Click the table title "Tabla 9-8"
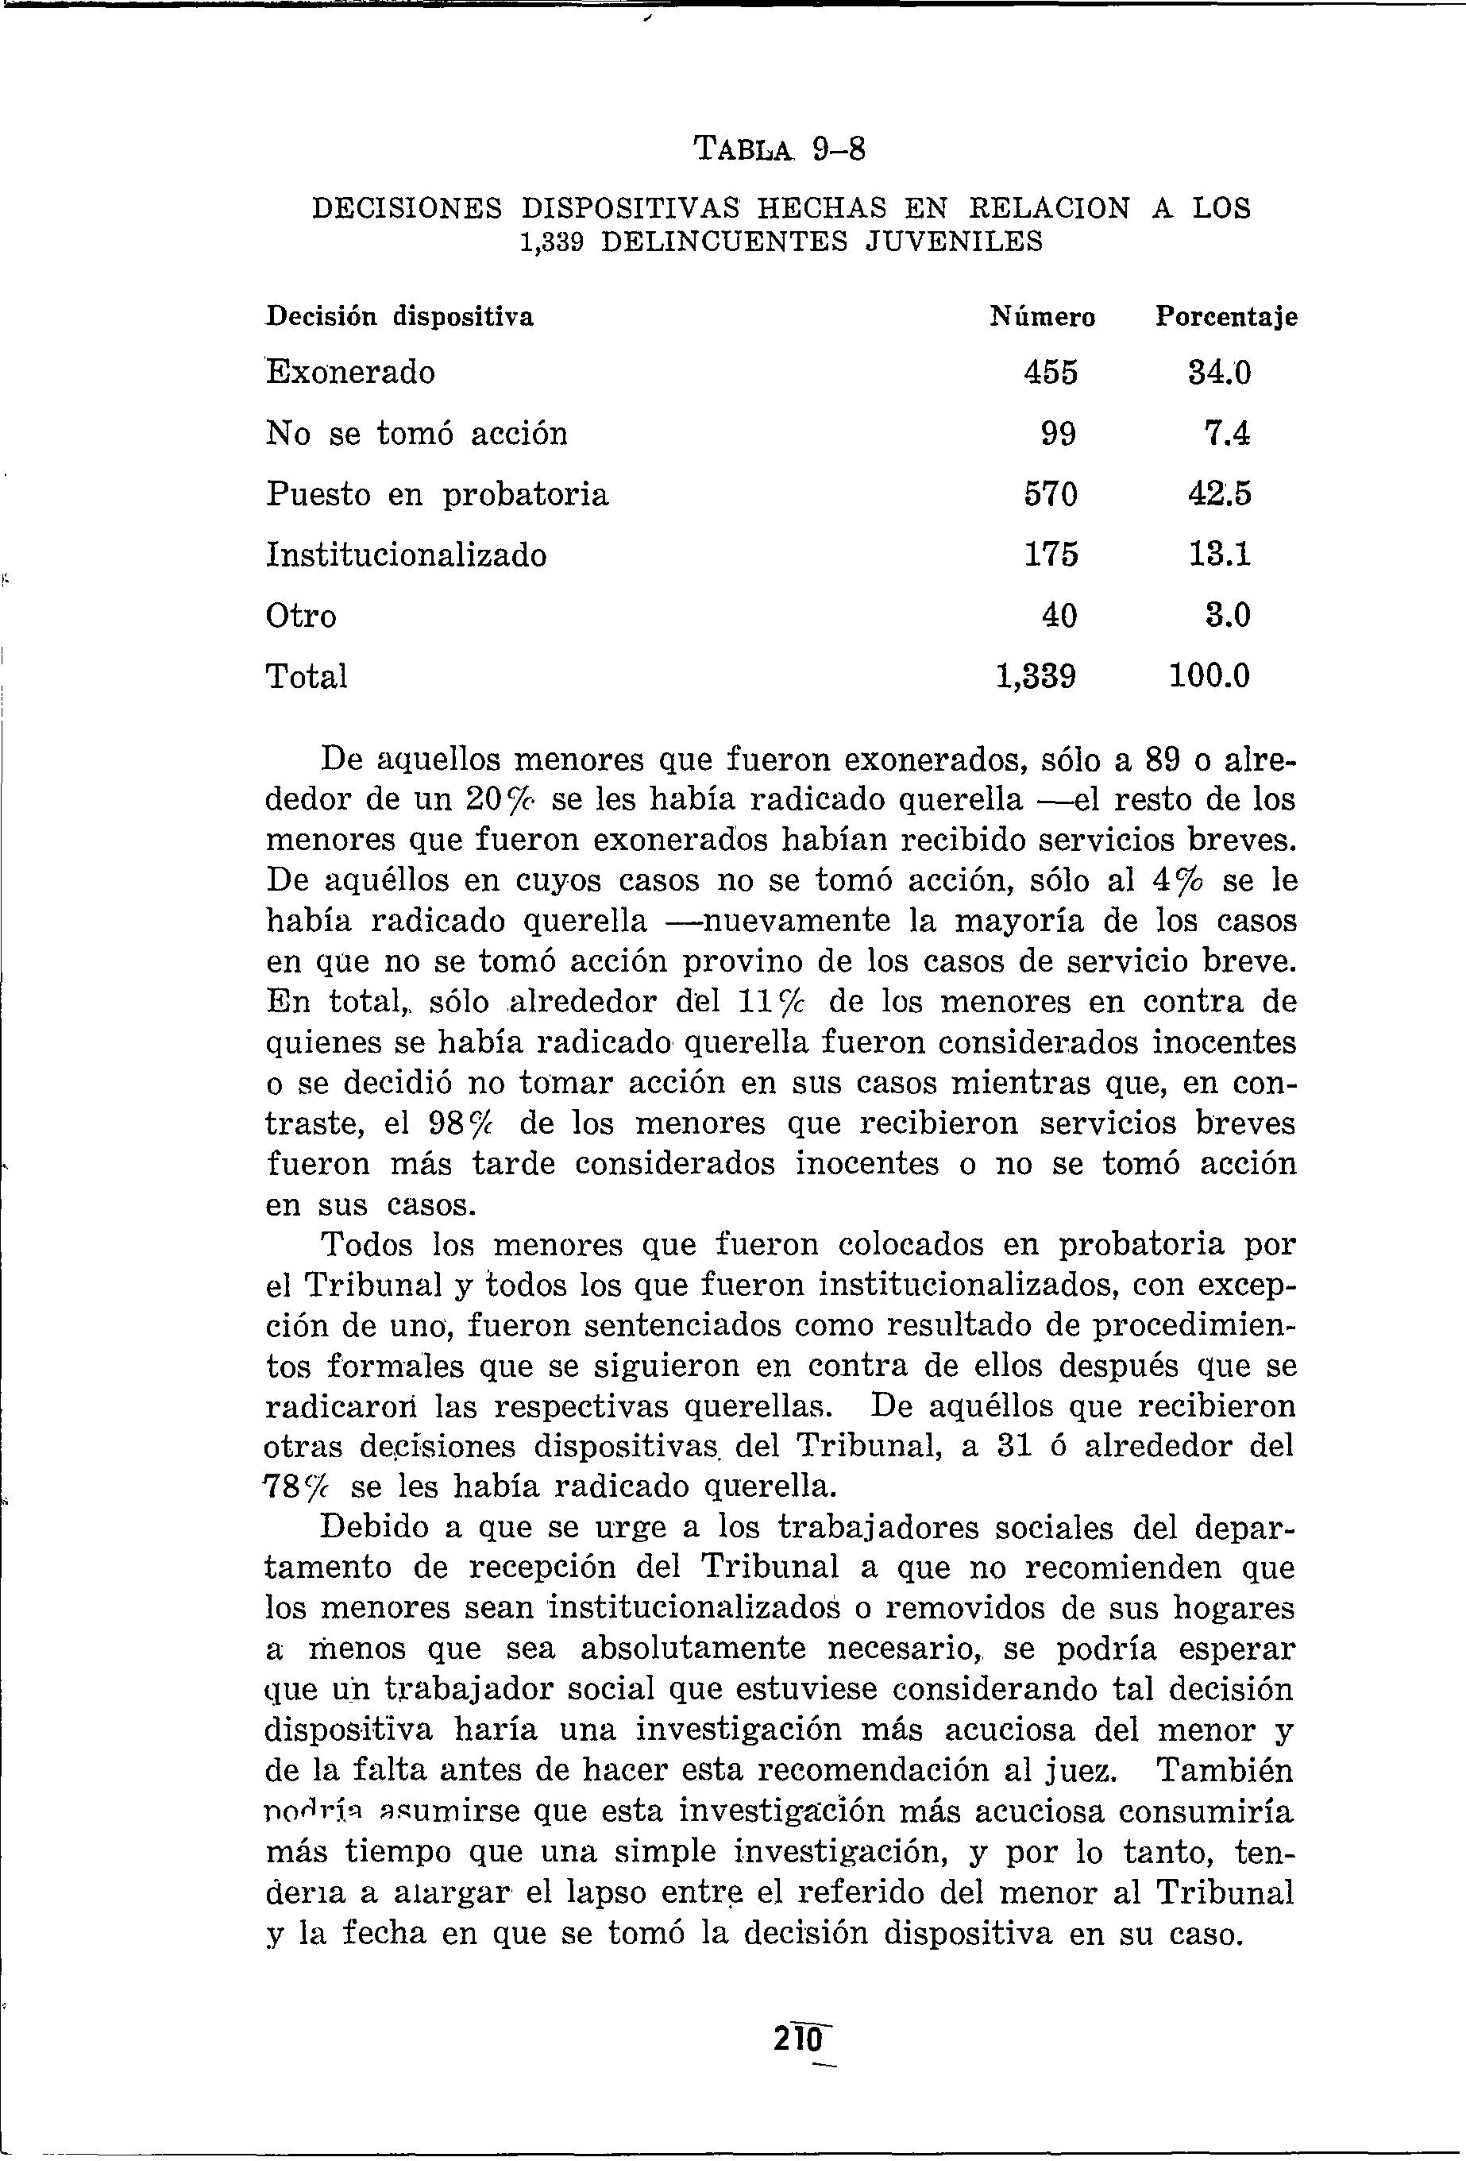(x=780, y=149)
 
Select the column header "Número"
(x=1042, y=318)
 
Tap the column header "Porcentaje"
(x=1226, y=318)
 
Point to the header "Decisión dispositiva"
(x=399, y=318)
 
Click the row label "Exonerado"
(x=350, y=373)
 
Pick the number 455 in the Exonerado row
(x=1051, y=373)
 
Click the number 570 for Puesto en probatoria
(x=1051, y=495)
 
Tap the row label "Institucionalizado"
(x=407, y=555)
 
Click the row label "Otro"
(x=301, y=616)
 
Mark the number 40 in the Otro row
(x=1058, y=616)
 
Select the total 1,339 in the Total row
(x=1036, y=676)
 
